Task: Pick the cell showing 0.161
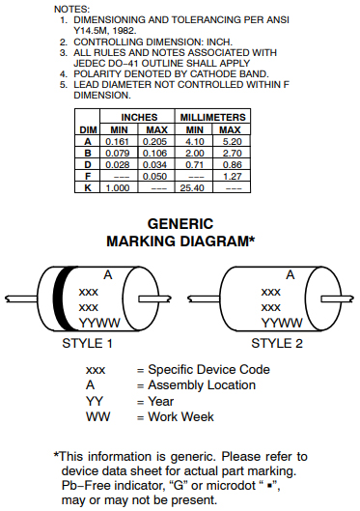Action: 119,141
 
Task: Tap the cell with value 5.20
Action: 231,141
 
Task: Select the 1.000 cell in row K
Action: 119,187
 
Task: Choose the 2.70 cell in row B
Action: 231,153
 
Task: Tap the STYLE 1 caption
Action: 88,343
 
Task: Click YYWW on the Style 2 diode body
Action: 281,323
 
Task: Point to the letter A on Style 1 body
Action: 108,275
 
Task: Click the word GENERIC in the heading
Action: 180,223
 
